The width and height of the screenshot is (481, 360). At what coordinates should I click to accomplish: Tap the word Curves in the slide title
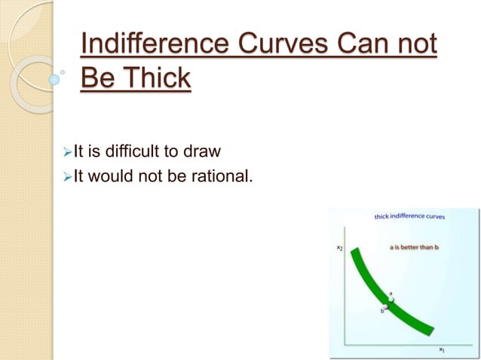point(281,44)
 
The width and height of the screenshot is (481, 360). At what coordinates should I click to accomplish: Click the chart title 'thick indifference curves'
point(409,217)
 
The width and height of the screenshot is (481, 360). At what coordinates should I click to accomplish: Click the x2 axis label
point(340,247)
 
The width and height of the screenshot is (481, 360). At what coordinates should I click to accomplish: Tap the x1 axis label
point(442,349)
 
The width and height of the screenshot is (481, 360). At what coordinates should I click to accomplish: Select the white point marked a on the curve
point(391,300)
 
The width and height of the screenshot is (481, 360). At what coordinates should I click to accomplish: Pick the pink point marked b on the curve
point(385,307)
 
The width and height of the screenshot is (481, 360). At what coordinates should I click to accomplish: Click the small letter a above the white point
point(391,292)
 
